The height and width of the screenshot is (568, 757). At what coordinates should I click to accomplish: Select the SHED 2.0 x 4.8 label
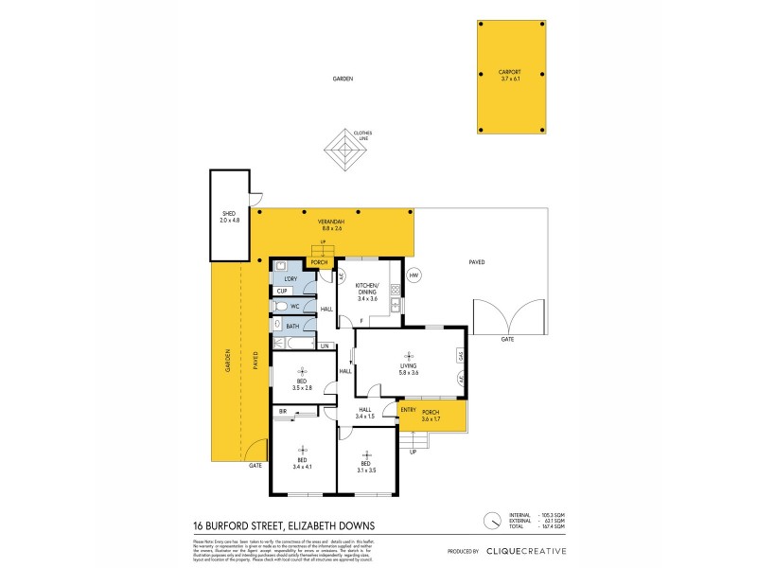pos(230,216)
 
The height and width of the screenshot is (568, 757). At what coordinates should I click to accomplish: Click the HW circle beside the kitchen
pos(414,275)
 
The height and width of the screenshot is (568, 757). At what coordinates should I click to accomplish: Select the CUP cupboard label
pos(282,292)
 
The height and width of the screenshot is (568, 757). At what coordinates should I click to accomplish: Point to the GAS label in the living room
pos(460,356)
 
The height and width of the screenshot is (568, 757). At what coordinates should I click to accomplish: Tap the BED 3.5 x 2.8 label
pos(302,385)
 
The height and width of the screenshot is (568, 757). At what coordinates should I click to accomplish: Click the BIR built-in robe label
pos(283,412)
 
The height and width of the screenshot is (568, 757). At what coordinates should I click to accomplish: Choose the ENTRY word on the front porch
pos(408,409)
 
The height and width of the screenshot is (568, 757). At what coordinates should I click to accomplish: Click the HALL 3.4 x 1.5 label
pos(365,413)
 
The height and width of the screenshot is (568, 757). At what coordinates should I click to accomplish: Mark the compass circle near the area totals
pos(492,521)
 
